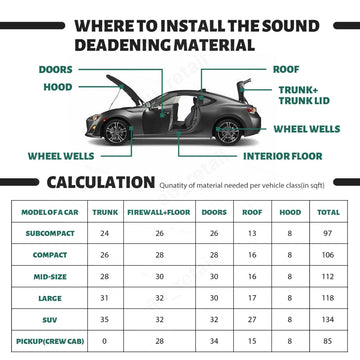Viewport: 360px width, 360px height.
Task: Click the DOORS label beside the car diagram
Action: pyautogui.click(x=56, y=70)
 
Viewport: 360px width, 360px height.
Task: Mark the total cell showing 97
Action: pyautogui.click(x=326, y=233)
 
